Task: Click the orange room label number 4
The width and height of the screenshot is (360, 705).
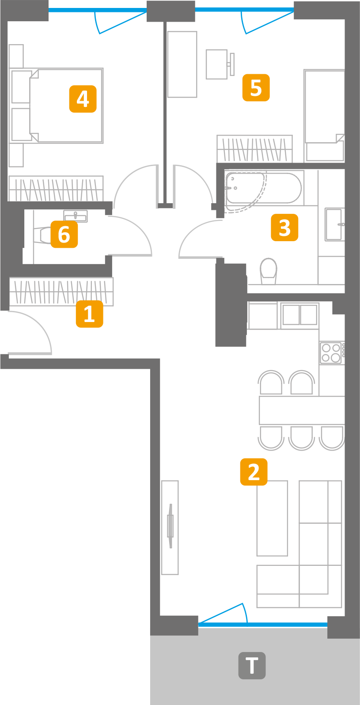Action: pos(83,99)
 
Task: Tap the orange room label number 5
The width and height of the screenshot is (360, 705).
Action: pos(256,87)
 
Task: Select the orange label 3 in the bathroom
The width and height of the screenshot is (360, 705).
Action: pos(284,227)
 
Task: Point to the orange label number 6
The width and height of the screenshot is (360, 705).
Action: pos(64,234)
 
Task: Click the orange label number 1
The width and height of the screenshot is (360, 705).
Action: pos(89,314)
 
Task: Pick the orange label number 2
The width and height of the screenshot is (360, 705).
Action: pos(254,472)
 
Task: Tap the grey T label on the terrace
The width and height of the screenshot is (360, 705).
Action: pos(252,665)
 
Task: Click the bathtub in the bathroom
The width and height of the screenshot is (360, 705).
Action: pos(264,188)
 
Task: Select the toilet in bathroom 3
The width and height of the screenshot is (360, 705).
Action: pos(268,270)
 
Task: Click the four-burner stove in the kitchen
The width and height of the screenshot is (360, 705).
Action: pos(331,352)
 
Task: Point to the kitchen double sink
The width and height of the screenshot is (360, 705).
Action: pos(299,315)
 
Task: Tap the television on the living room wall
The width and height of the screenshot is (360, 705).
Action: pos(170,527)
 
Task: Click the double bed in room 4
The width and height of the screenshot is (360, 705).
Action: pos(66,106)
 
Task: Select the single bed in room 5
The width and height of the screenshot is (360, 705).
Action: pos(325,115)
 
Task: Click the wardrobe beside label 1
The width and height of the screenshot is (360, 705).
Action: pos(61,292)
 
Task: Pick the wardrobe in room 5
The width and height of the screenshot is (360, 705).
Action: pos(254,149)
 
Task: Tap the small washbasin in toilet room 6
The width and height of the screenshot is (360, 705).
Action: pos(76,216)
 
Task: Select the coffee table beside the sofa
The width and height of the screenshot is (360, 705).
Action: pos(272,518)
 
